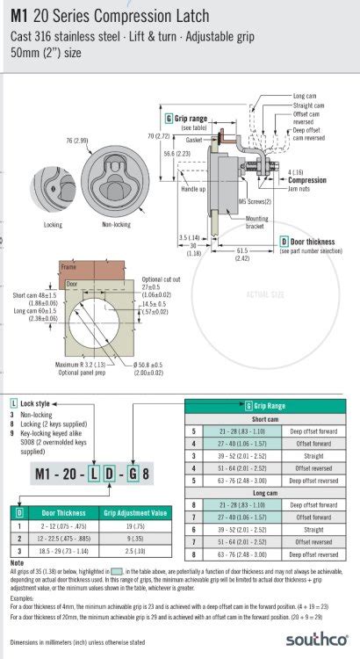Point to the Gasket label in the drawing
[x=194, y=140]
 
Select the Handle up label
[x=193, y=189]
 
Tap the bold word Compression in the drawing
[x=307, y=180]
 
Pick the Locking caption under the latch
[x=53, y=224]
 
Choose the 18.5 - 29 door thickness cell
[x=60, y=549]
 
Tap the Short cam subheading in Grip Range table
[x=265, y=418]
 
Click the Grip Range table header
[x=266, y=406]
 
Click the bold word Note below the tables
[x=17, y=562]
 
